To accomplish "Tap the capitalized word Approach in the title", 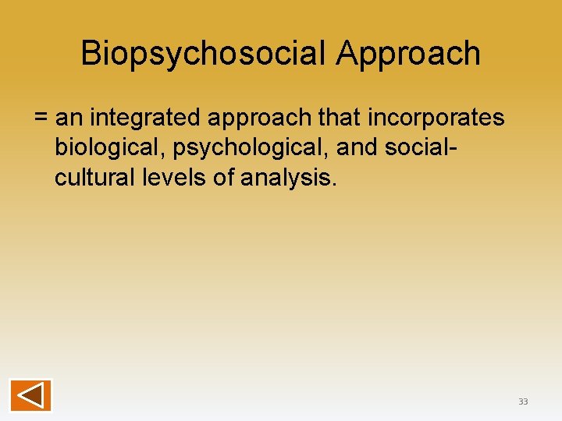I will (x=409, y=54).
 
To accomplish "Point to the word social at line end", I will (x=420, y=148).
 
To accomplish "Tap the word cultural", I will (x=94, y=178).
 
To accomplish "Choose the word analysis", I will (x=286, y=179).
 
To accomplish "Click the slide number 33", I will (x=523, y=402).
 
